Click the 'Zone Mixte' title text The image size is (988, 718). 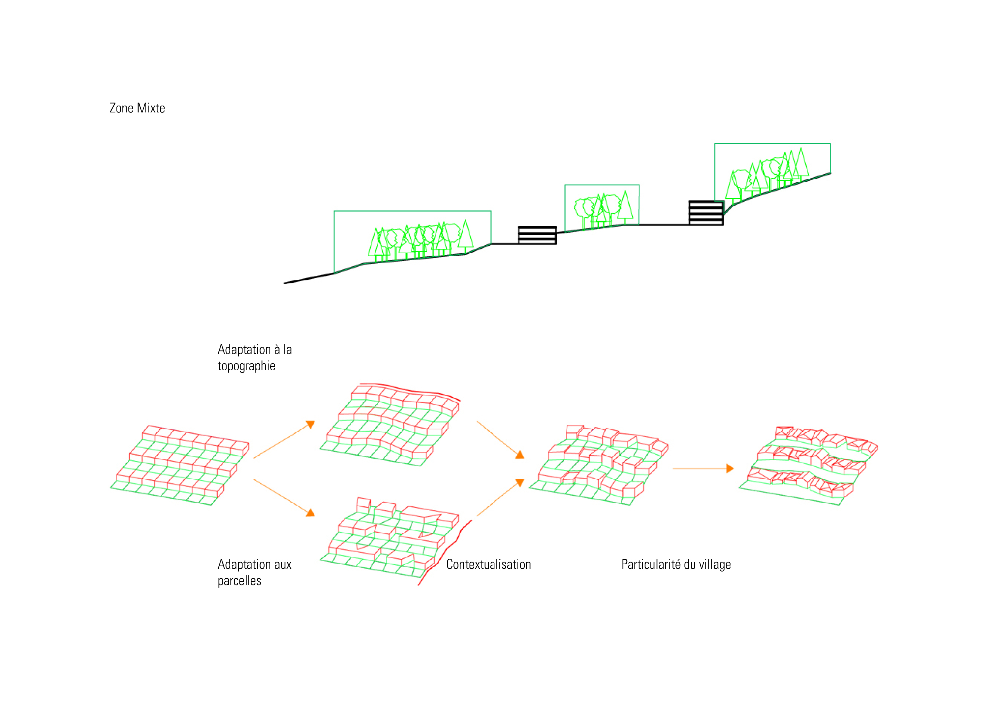click(137, 108)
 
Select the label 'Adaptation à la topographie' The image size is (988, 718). click(254, 357)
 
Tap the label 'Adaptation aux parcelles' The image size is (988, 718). click(254, 572)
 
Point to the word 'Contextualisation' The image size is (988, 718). click(489, 564)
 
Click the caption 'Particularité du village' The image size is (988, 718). click(676, 564)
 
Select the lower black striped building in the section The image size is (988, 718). click(537, 235)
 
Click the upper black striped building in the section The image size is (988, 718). click(706, 213)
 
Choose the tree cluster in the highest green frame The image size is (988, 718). click(768, 172)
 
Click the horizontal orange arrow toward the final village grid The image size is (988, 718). click(703, 468)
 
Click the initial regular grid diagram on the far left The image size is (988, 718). click(180, 466)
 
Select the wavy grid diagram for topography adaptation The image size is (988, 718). click(390, 425)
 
